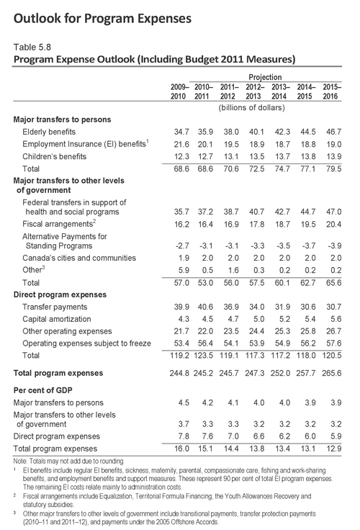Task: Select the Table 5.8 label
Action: [34, 45]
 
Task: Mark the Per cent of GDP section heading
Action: [46, 390]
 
